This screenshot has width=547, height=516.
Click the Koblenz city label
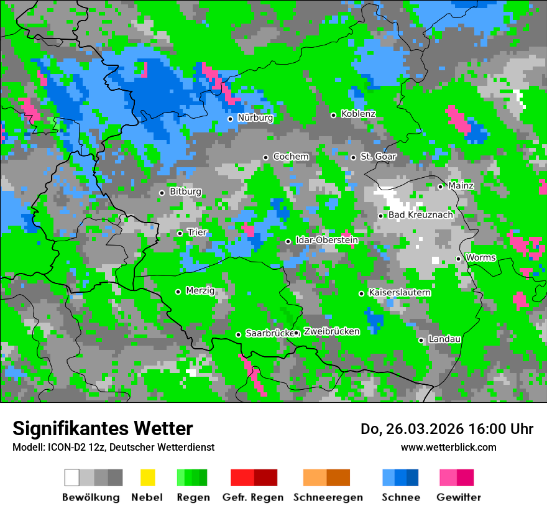click(358, 114)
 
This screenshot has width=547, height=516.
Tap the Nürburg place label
click(255, 117)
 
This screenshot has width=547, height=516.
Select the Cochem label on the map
click(290, 157)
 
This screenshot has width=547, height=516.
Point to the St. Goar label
click(378, 157)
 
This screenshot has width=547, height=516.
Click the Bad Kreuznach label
click(420, 215)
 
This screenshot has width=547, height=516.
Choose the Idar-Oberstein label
click(326, 240)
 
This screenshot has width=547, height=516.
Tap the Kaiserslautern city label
click(400, 292)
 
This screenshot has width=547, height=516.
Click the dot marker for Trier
click(180, 233)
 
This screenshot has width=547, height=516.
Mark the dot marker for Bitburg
click(162, 193)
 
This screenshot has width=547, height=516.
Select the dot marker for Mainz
click(440, 187)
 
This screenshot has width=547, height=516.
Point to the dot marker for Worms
click(458, 259)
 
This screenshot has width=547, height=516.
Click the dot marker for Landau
click(421, 340)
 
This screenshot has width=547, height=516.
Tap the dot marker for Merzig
click(178, 292)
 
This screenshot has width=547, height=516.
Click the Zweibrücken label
click(331, 331)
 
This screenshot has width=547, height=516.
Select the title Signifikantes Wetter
click(103, 428)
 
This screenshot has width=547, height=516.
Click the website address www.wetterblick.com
click(448, 447)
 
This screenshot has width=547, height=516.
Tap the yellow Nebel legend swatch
click(147, 477)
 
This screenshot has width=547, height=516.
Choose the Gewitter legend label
click(458, 497)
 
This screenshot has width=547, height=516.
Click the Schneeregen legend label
click(328, 497)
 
